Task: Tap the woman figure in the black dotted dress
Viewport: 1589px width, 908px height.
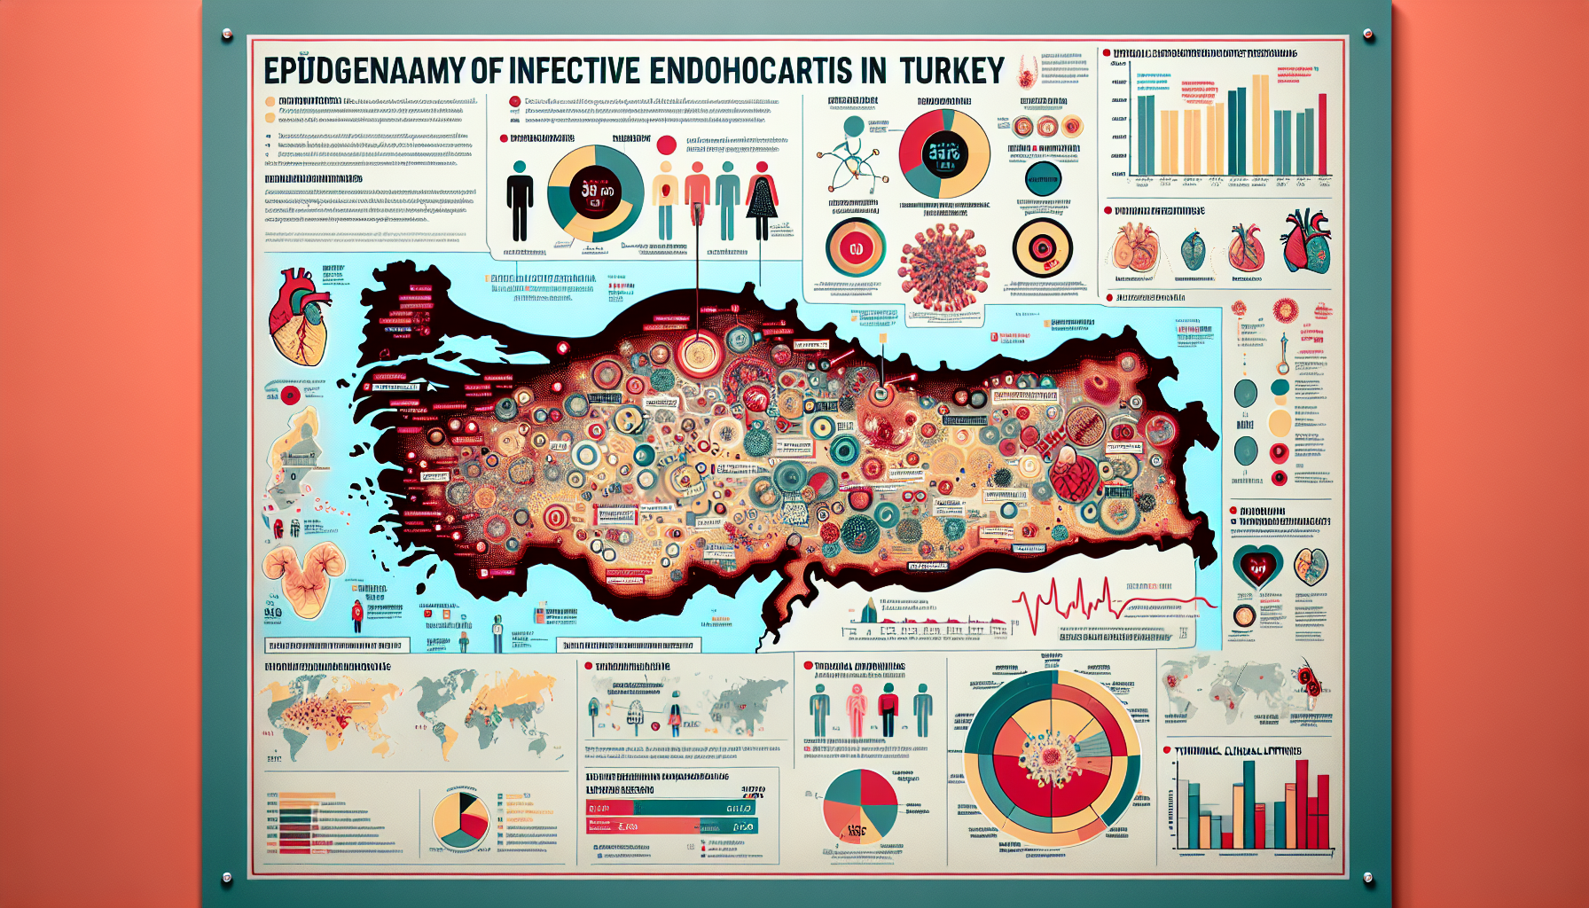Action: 762,200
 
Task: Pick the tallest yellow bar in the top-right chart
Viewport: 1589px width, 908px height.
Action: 1260,125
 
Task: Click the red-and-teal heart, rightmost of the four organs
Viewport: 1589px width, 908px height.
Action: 1307,241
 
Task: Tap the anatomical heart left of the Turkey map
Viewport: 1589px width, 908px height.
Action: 300,316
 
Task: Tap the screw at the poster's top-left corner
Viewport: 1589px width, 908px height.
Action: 227,35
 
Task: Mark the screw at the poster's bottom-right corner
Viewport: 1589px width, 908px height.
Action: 1367,878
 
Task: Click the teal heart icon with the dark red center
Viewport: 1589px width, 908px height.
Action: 1257,567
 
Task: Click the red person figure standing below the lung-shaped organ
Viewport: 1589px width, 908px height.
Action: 357,612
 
